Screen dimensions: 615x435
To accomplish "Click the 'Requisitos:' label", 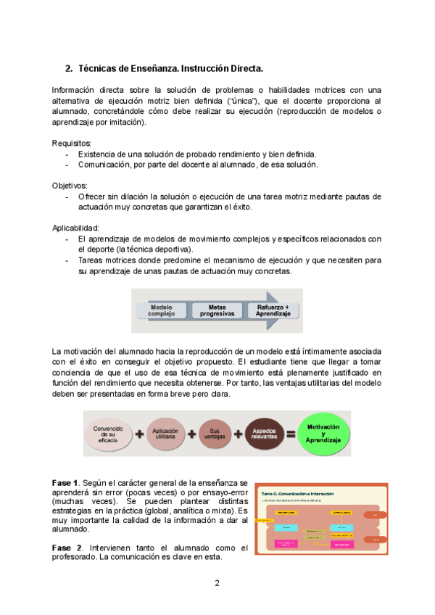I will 72,144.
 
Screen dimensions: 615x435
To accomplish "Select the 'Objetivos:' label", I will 70,186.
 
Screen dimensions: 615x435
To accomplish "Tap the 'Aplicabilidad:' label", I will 76,228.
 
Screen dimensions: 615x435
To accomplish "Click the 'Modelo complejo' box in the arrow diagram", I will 162,310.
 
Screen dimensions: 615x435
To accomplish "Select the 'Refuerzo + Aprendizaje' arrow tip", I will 273,310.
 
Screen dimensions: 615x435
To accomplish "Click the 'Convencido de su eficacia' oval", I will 109,434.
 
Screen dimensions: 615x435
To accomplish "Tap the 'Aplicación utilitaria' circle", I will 165,434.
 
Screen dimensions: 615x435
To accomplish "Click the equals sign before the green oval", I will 291,434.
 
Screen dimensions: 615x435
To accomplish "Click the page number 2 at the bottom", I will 217,583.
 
